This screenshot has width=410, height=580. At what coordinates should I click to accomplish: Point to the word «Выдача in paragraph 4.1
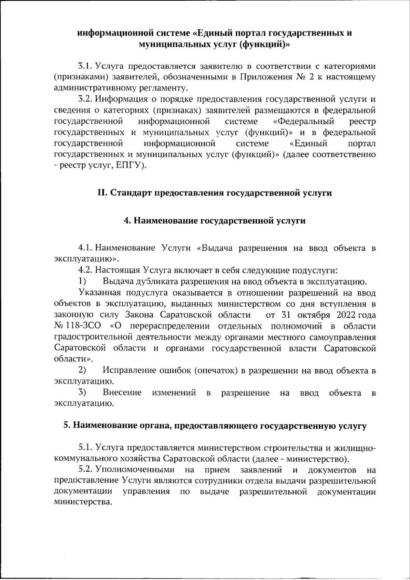215,248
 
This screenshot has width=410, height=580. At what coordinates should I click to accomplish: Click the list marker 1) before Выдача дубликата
82,281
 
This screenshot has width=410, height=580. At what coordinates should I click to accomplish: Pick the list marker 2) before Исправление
82,370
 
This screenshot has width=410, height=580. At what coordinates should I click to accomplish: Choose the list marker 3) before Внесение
82,392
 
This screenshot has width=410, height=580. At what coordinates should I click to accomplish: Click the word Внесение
122,392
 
